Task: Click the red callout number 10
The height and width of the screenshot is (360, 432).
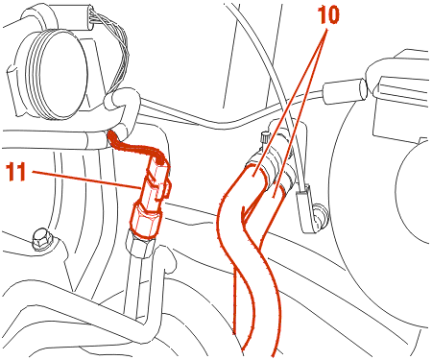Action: click(x=328, y=15)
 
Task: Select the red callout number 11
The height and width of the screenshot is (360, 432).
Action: click(x=16, y=172)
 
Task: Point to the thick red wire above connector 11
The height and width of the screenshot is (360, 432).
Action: click(x=136, y=147)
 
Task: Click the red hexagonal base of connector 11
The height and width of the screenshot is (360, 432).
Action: click(x=146, y=221)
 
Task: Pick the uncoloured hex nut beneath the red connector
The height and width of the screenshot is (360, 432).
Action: click(x=141, y=245)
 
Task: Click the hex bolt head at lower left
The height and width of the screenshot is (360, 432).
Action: click(x=41, y=239)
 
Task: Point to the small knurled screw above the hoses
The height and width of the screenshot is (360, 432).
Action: click(x=265, y=137)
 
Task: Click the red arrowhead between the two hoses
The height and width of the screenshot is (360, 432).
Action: click(x=246, y=215)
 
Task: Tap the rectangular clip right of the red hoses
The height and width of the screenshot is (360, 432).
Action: click(x=305, y=207)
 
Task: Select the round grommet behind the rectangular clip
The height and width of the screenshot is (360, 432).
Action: click(x=321, y=213)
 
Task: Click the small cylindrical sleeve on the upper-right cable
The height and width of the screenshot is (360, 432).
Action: click(x=345, y=90)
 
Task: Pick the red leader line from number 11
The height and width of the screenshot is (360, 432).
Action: click(x=86, y=180)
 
